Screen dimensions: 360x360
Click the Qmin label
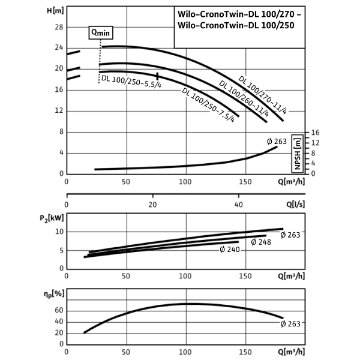pos(101,33)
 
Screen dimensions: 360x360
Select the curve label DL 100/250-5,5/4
pos(131,82)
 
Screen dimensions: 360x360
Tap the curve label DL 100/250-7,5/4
pos(208,105)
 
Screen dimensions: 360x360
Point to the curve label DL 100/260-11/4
pos(243,97)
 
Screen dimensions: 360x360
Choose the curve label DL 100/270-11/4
pos(263,94)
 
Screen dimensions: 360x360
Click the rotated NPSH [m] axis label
pos(297,154)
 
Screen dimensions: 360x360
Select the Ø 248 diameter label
pos(261,242)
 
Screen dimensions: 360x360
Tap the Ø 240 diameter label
pos(230,250)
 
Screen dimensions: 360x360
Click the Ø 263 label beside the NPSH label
pos(277,142)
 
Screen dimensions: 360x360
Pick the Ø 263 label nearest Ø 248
pos(290,235)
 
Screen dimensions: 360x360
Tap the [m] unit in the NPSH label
pos(297,142)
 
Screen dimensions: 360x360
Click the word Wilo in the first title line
pos(187,14)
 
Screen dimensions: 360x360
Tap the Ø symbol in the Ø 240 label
pos(223,250)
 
